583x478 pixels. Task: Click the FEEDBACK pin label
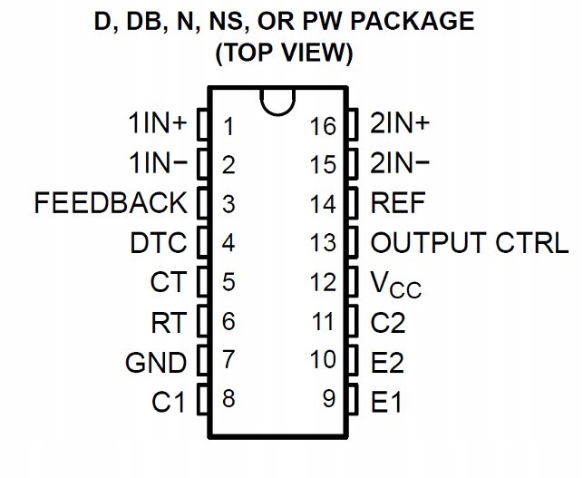111,202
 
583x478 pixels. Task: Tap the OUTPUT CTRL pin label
470,243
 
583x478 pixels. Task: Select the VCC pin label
396,285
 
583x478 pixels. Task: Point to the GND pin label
156,363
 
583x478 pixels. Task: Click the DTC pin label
159,243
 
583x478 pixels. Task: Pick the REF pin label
398,202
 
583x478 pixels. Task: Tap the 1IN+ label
157,123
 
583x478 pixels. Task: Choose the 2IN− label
400,162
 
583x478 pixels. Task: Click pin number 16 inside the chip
323,126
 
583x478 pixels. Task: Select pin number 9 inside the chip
329,398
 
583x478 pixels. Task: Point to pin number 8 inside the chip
228,398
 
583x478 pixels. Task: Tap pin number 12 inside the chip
323,281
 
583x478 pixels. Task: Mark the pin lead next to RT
202,321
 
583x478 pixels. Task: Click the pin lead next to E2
353,360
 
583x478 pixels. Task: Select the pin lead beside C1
202,399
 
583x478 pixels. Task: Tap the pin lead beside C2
353,321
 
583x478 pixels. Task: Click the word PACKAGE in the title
413,21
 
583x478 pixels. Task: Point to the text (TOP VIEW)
284,54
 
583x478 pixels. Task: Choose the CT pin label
168,281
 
